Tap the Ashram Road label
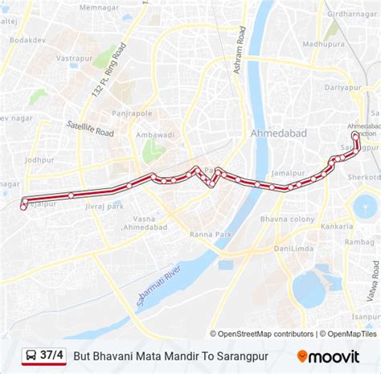tap(239, 59)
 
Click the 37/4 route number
tap(52, 355)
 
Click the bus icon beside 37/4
tap(30, 355)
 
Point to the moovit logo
tap(330, 355)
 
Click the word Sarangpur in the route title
tap(243, 355)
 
